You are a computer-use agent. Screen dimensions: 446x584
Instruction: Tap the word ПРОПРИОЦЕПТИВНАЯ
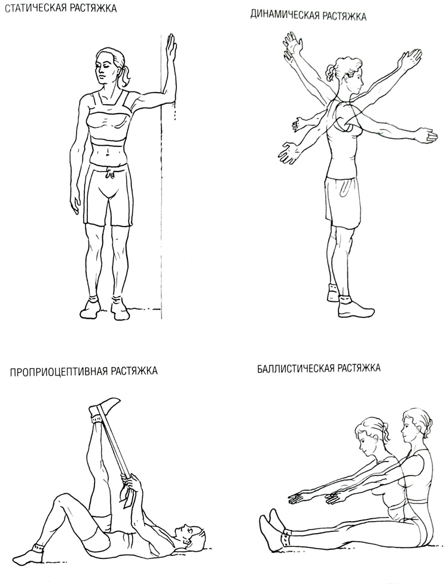click(58, 372)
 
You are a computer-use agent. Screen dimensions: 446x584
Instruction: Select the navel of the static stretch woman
click(108, 152)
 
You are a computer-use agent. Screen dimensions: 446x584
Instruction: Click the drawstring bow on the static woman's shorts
click(109, 173)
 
